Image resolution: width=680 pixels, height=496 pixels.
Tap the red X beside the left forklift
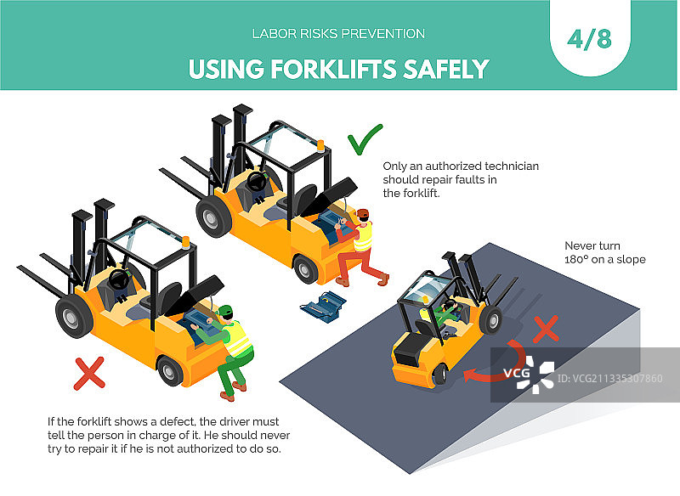[x=89, y=374]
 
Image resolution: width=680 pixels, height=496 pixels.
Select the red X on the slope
[x=546, y=330]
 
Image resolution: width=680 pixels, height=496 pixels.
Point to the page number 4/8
[x=589, y=39]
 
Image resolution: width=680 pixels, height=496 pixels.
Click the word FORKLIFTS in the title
[x=333, y=70]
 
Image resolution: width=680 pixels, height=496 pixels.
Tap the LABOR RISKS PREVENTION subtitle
[x=338, y=34]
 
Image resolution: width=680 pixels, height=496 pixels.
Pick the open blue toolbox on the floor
[x=323, y=306]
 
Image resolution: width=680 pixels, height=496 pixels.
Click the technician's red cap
[x=363, y=213]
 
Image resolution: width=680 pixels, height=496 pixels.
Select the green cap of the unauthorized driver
[x=225, y=310]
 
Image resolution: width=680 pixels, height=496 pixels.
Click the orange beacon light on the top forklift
[x=320, y=145]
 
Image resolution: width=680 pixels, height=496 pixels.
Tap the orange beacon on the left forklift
[x=185, y=243]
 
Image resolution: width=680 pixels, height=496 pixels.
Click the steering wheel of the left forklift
[x=118, y=279]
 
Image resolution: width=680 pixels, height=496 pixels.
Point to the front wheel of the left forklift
[x=73, y=317]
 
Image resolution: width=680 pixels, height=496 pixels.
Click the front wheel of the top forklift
[x=213, y=217]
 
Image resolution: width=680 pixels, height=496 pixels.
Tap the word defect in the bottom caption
[x=176, y=421]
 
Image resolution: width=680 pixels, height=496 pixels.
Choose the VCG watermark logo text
[x=517, y=373]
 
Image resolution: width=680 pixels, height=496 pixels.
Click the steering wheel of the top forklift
[x=257, y=182]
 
